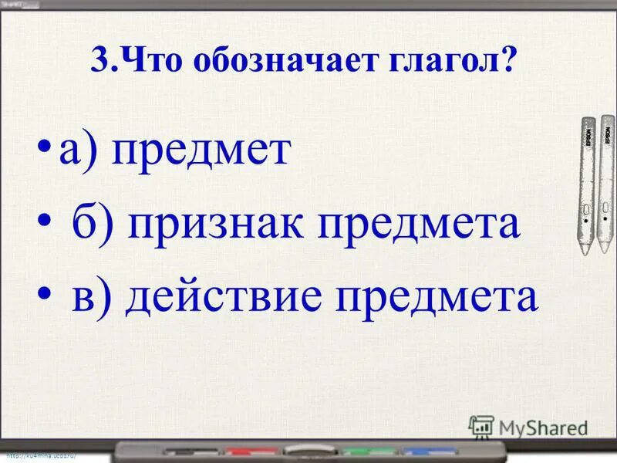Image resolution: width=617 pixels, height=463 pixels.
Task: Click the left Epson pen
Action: [x=588, y=185]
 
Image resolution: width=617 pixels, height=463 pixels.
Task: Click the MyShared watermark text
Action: [x=543, y=427]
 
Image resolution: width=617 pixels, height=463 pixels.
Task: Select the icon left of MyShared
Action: [x=481, y=426]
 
